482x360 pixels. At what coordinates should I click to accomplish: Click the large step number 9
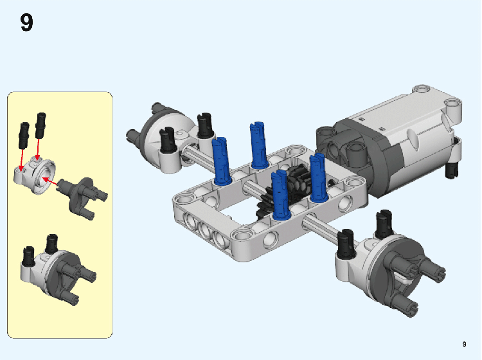tap(26, 22)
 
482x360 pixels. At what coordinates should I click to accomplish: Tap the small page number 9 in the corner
tap(464, 344)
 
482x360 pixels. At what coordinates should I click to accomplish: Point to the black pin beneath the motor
tap(452, 170)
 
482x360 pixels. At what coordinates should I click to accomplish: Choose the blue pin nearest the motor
tap(319, 177)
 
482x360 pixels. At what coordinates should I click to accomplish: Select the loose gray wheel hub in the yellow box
tap(83, 196)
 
